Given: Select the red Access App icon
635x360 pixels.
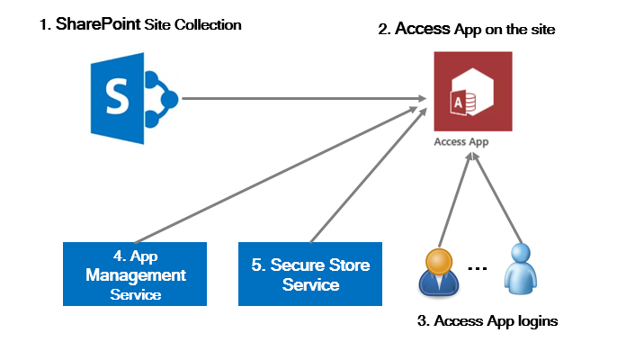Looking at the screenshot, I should pos(472,92).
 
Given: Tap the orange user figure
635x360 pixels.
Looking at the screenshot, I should pos(440,271).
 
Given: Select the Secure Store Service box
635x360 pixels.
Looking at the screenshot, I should pos(310,274).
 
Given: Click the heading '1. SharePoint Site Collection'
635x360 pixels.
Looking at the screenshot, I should pos(140,25).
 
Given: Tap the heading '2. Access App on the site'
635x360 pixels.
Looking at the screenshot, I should pos(467,30).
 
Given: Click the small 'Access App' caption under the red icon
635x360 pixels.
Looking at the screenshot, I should pos(461,141).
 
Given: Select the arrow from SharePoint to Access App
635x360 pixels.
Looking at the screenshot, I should pos(297,98).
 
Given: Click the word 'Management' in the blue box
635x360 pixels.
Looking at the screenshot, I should pos(136,274).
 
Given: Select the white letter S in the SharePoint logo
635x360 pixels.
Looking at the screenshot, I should pos(116,97).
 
